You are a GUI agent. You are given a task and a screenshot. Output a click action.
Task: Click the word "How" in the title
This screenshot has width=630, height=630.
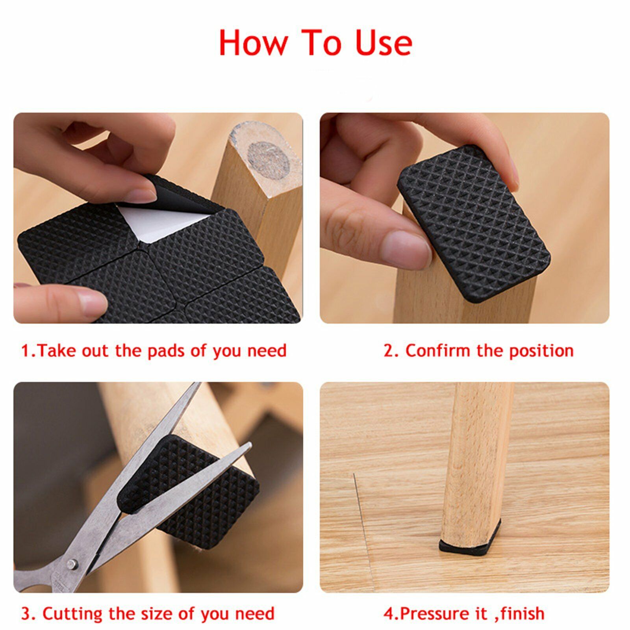coord(254,43)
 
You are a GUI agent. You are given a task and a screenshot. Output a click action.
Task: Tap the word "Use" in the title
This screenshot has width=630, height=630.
coord(384,43)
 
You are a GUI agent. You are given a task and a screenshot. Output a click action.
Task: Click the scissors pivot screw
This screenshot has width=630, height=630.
coord(71,565)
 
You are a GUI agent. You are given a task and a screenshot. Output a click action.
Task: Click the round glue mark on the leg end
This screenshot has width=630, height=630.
coord(268,158)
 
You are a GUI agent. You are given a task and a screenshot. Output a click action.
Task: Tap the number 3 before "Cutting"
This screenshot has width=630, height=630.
coord(26,614)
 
